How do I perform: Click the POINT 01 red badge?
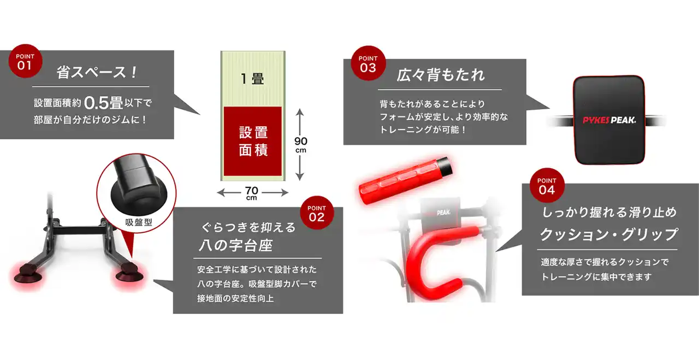(25, 61)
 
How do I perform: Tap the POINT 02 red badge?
(317, 213)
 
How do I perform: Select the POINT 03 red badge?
(368, 63)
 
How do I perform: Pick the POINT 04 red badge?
(547, 185)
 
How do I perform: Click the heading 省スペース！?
(97, 73)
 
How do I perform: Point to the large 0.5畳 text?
(103, 103)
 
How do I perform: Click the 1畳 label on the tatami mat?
(252, 79)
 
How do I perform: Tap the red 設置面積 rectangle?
(253, 141)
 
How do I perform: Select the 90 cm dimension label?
(301, 145)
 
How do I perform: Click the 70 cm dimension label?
(252, 193)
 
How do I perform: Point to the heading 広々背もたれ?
(441, 75)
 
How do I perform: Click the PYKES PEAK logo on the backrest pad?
(609, 120)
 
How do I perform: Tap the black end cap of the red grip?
(445, 167)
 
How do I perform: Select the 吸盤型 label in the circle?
(139, 222)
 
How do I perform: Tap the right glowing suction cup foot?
(129, 274)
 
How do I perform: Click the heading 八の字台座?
(235, 245)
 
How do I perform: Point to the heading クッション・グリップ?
(609, 234)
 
